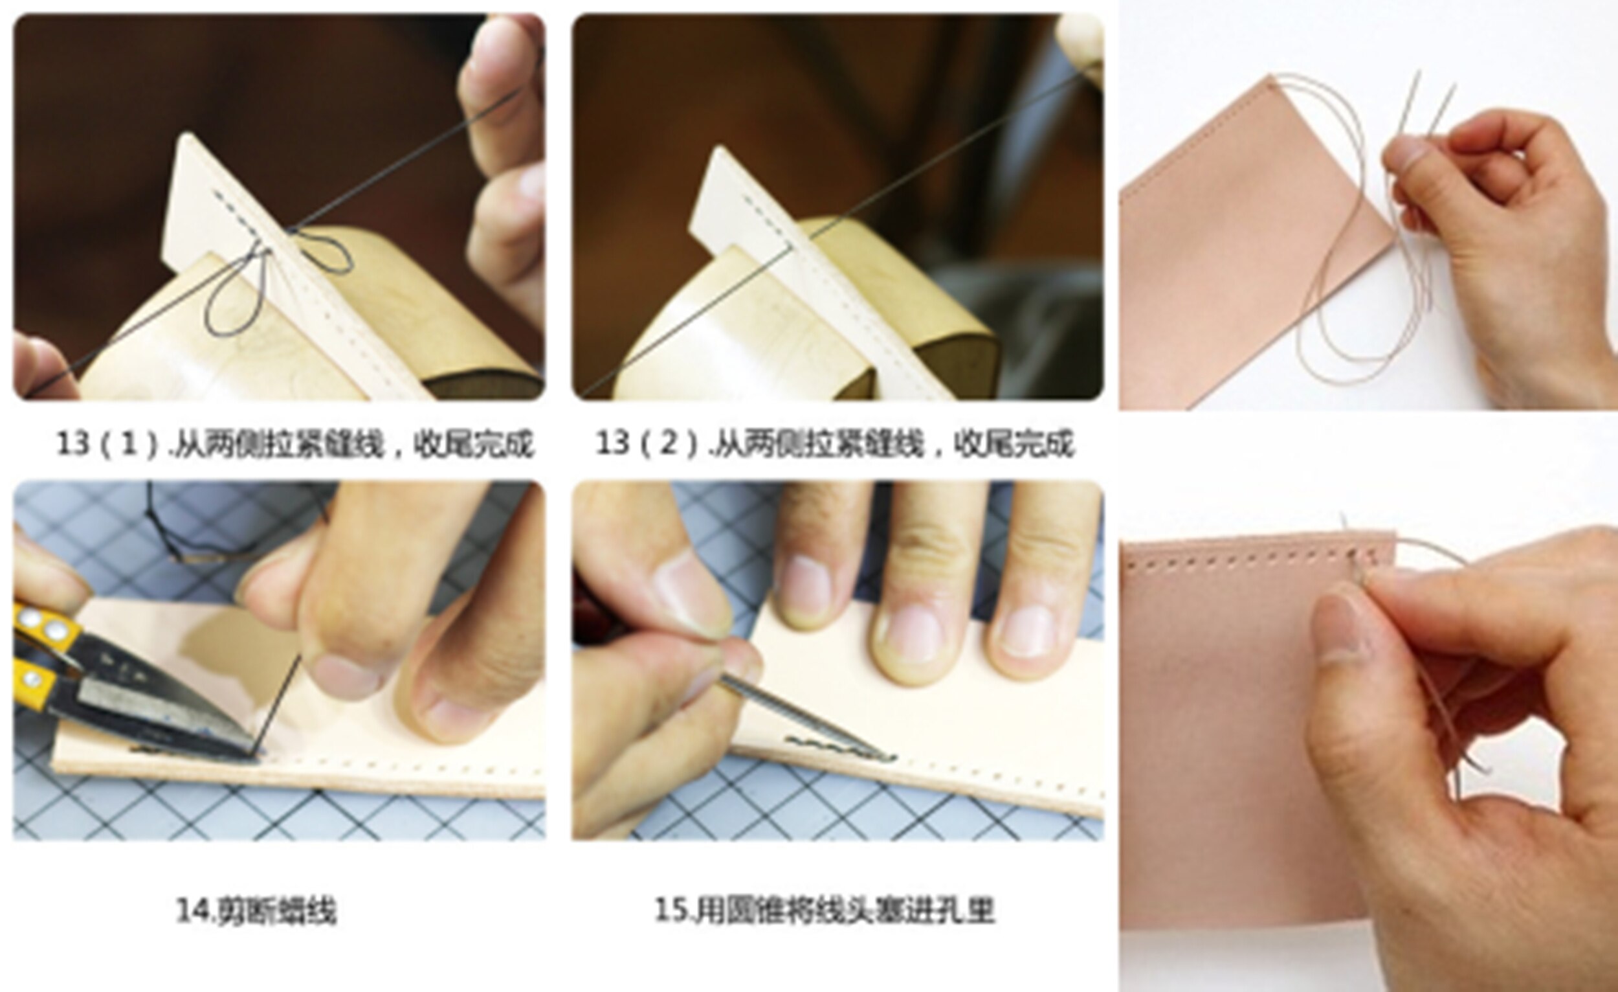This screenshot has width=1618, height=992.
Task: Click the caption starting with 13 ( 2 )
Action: (x=834, y=444)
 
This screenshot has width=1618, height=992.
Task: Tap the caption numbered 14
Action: (x=256, y=911)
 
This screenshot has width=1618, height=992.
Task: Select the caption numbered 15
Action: (x=825, y=911)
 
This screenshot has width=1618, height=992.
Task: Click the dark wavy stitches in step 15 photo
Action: (x=834, y=749)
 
